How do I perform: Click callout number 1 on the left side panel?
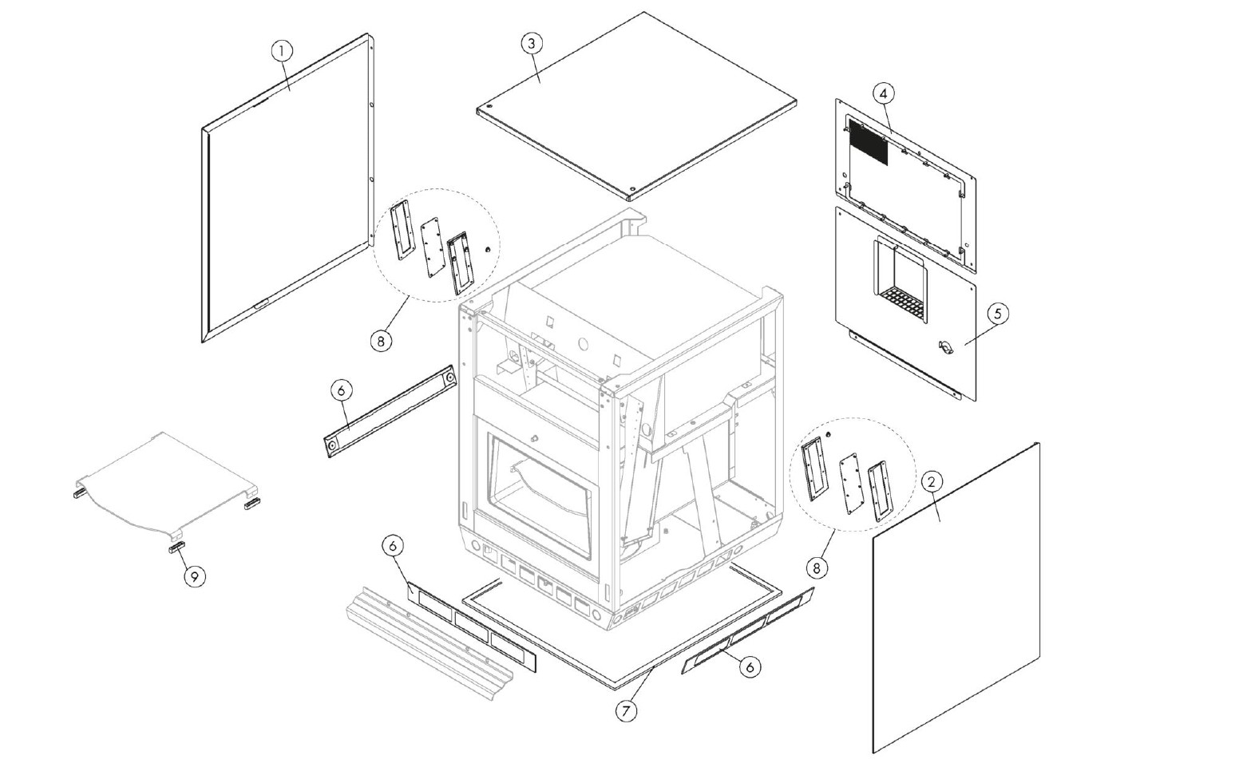point(281,50)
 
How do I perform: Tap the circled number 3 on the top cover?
point(532,43)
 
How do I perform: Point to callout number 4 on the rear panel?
point(882,93)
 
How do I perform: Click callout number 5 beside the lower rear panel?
point(996,314)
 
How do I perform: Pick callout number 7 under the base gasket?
point(627,711)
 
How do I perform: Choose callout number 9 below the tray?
point(194,575)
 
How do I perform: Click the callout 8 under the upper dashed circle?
point(382,341)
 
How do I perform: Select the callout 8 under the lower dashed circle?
point(816,567)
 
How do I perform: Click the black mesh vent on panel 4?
point(867,142)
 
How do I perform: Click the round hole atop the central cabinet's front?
point(581,346)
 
